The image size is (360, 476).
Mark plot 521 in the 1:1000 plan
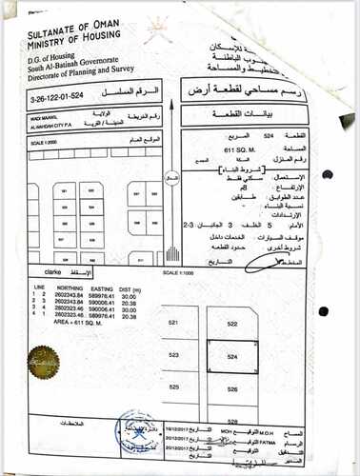pyautogui.click(x=174, y=324)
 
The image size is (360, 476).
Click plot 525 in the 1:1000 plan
pyautogui.click(x=173, y=388)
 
